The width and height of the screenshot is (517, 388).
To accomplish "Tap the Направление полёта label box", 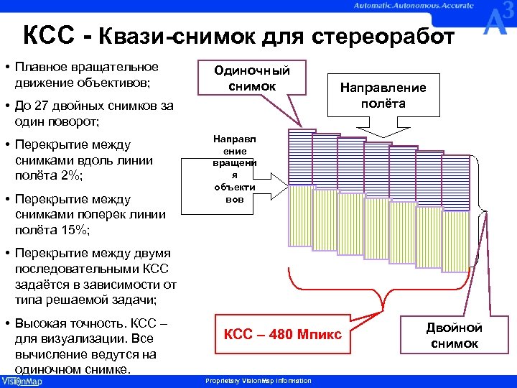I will tap(383, 95).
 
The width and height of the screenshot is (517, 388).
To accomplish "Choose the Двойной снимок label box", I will tap(454, 336).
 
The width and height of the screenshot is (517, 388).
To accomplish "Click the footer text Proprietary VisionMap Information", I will tap(258, 381).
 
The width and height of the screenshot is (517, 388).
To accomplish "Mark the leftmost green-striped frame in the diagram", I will tap(300, 222).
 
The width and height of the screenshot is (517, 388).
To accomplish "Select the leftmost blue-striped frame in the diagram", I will tap(299, 156).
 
